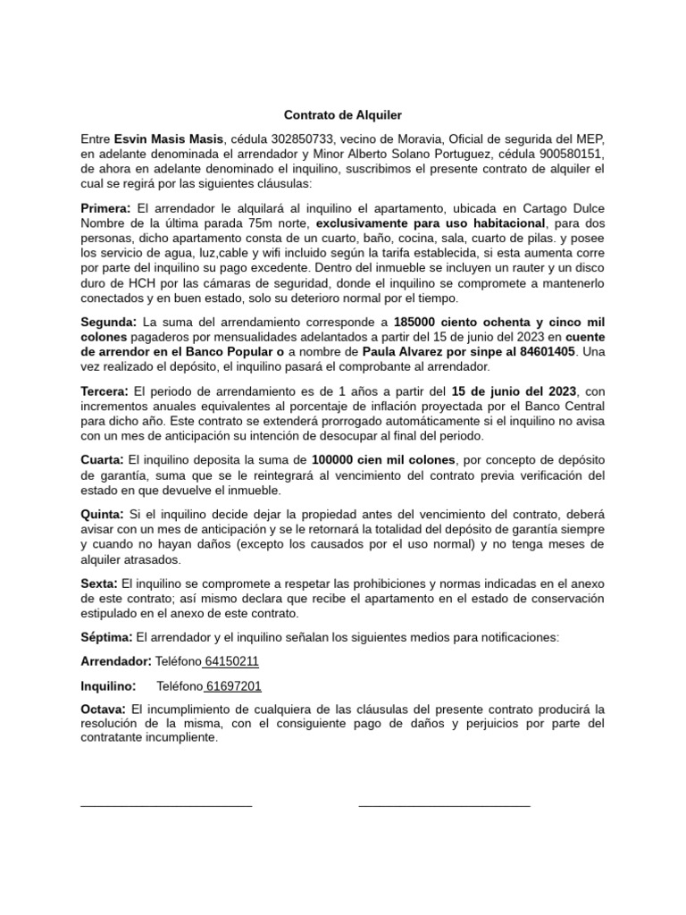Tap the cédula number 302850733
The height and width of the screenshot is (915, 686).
[x=295, y=139]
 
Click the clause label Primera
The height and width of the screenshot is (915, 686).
[x=105, y=208]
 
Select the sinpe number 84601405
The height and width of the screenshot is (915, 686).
[x=542, y=352]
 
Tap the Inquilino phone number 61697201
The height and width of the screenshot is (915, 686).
[x=233, y=686]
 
